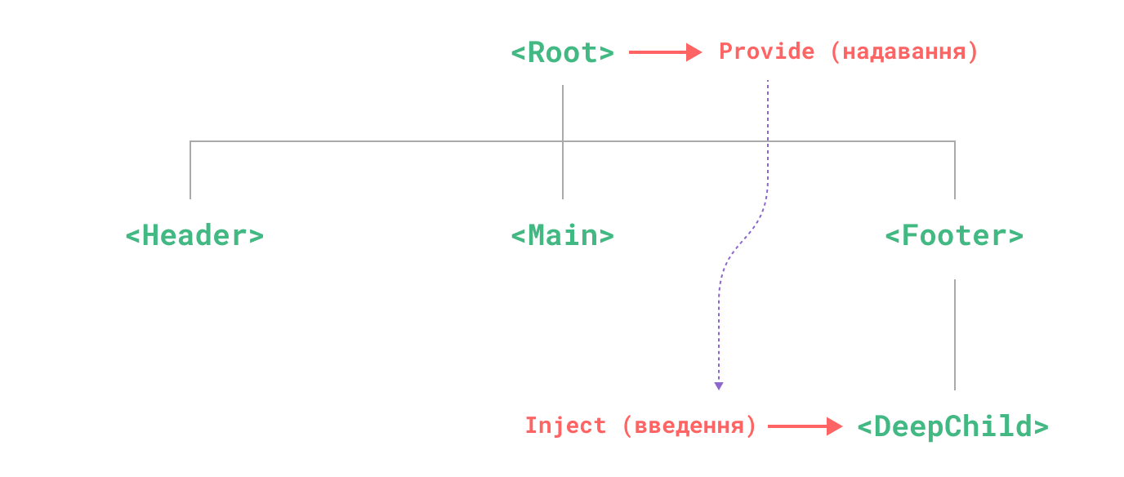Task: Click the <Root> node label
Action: [x=562, y=53]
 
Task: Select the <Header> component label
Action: [x=194, y=236]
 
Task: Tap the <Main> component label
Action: [x=562, y=236]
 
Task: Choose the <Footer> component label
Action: [x=953, y=236]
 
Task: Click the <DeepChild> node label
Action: [x=952, y=426]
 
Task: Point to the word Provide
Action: [x=766, y=51]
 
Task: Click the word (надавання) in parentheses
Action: [x=903, y=52]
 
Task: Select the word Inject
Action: [x=565, y=426]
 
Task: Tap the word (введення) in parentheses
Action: [x=689, y=426]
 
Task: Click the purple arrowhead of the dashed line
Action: [x=718, y=386]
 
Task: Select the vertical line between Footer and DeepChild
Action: [x=954, y=335]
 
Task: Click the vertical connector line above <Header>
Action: [x=190, y=170]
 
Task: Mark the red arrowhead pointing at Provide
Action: [x=694, y=52]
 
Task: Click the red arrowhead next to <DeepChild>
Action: [x=834, y=426]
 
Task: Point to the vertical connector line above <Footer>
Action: [x=954, y=170]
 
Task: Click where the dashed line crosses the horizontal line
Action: [x=768, y=141]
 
